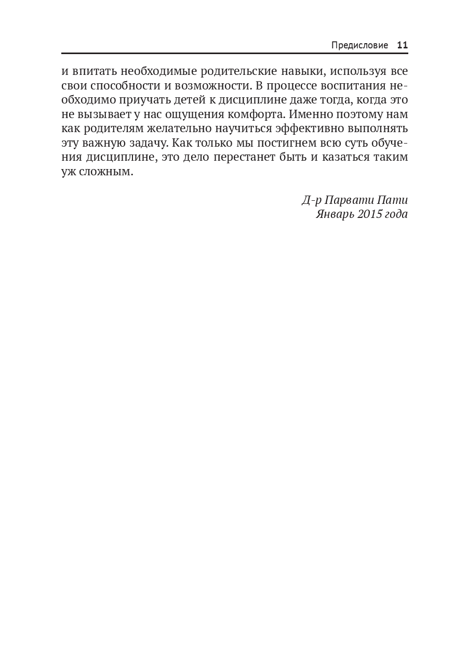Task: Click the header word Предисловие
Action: pyautogui.click(x=359, y=45)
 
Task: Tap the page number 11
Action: pyautogui.click(x=403, y=45)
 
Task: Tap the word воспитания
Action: pyautogui.click(x=342, y=85)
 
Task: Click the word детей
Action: pyautogui.click(x=189, y=99)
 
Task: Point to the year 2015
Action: pyautogui.click(x=370, y=214)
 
